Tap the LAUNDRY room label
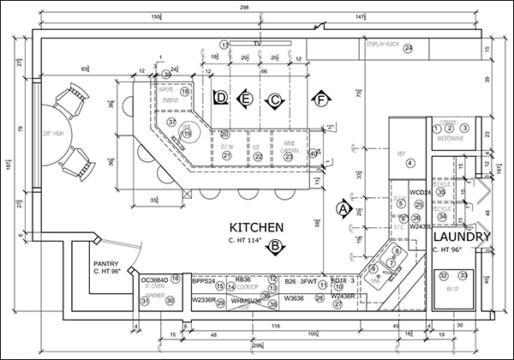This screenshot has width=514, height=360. coord(461,237)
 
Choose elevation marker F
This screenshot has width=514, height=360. coord(321,100)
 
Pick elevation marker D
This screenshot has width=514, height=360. coord(221,99)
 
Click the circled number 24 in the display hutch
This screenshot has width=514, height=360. coord(409,48)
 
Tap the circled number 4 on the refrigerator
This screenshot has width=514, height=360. coord(410,163)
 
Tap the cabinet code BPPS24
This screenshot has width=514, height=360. coord(203,280)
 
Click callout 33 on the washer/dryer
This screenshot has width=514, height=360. coord(463,274)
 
